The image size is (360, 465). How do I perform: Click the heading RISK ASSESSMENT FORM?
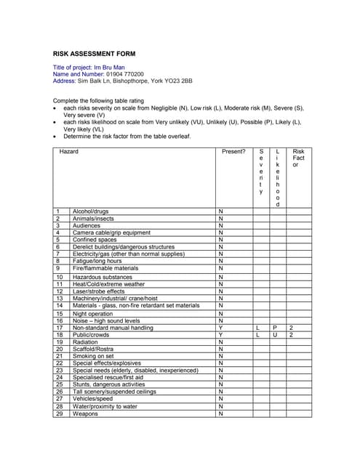pyautogui.click(x=94, y=54)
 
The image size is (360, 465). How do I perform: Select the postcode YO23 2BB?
pyautogui.click(x=177, y=81)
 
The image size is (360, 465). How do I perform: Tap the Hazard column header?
pyautogui.click(x=69, y=151)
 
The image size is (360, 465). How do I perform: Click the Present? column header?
pyautogui.click(x=233, y=151)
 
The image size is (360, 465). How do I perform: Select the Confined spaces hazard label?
pyautogui.click(x=95, y=240)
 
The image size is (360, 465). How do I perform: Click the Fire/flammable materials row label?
pyautogui.click(x=105, y=268)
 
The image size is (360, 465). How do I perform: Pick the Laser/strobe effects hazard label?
pyautogui.click(x=99, y=291)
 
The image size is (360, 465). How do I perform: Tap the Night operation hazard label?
pyautogui.click(x=93, y=313)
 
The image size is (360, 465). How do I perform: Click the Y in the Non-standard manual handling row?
pyautogui.click(x=220, y=328)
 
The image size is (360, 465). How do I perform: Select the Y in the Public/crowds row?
pyautogui.click(x=220, y=335)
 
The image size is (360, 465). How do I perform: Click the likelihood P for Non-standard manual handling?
pyautogui.click(x=275, y=328)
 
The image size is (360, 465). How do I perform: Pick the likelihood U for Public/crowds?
pyautogui.click(x=275, y=335)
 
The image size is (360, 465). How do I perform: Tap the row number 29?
pyautogui.click(x=59, y=413)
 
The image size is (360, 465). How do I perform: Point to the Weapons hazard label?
pyautogui.click(x=85, y=413)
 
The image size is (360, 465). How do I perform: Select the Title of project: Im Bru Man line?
pyautogui.click(x=93, y=67)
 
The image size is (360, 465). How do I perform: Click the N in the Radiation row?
pyautogui.click(x=220, y=341)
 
